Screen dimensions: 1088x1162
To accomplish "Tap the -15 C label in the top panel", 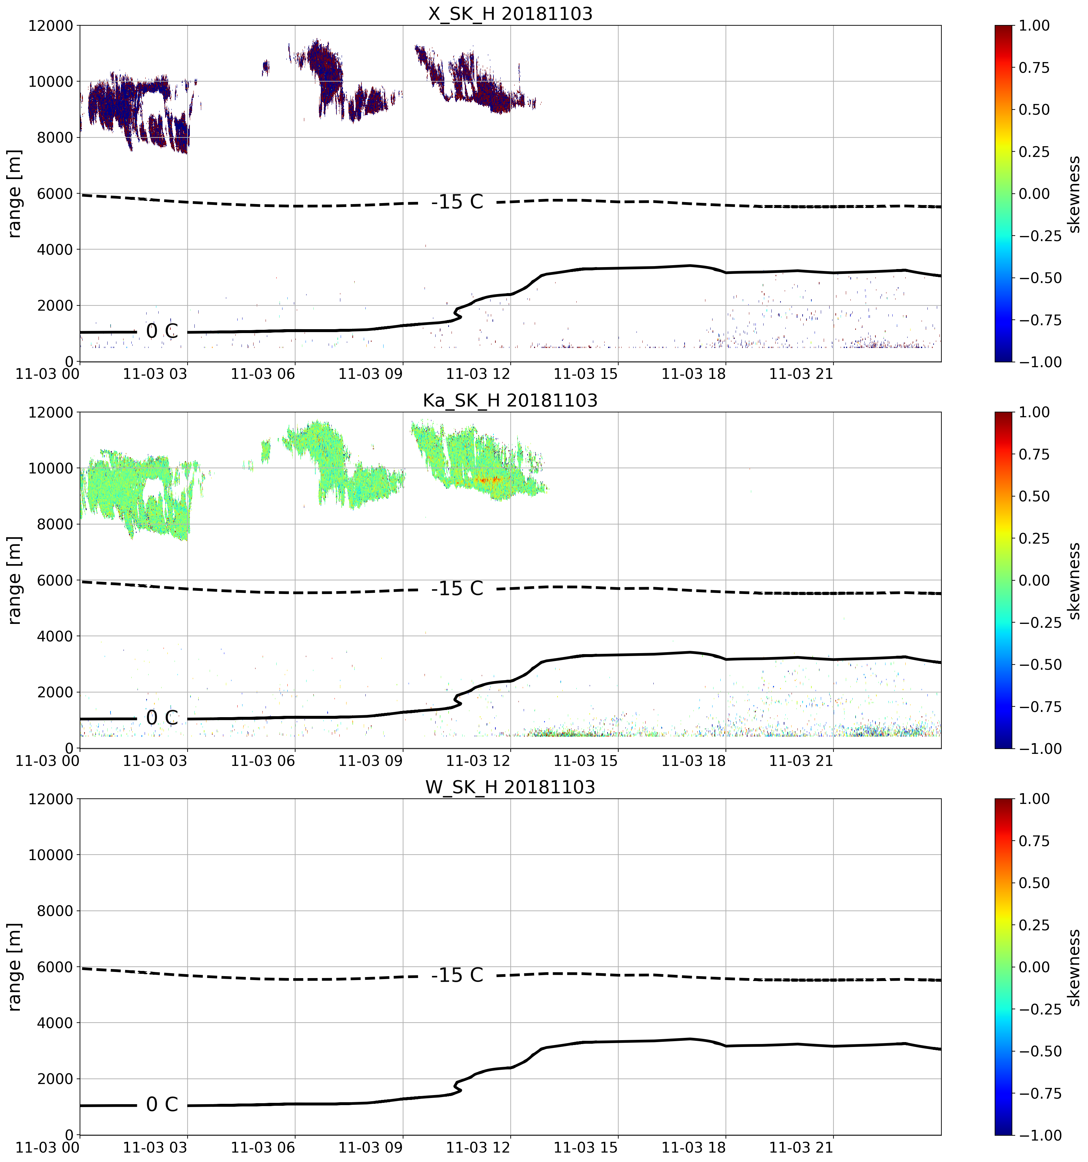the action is tap(457, 202).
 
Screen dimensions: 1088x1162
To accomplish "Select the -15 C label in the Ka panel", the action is tap(457, 588).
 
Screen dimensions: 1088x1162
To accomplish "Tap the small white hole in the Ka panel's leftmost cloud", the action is tap(153, 488).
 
